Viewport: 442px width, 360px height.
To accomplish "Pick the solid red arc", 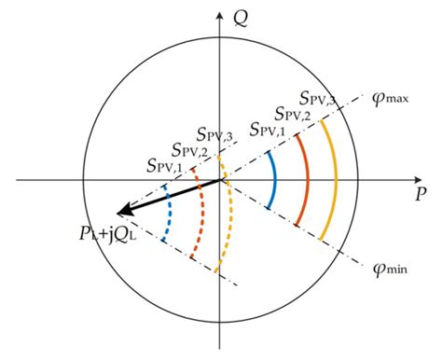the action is [x=307, y=180].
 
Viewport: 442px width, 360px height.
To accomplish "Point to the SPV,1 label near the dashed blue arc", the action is [x=165, y=167].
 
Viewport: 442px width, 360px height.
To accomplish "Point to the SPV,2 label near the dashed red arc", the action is [x=191, y=149].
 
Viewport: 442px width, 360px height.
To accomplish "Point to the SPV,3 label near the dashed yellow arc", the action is [x=217, y=133].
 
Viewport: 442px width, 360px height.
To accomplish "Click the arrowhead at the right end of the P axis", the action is [x=425, y=180].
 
